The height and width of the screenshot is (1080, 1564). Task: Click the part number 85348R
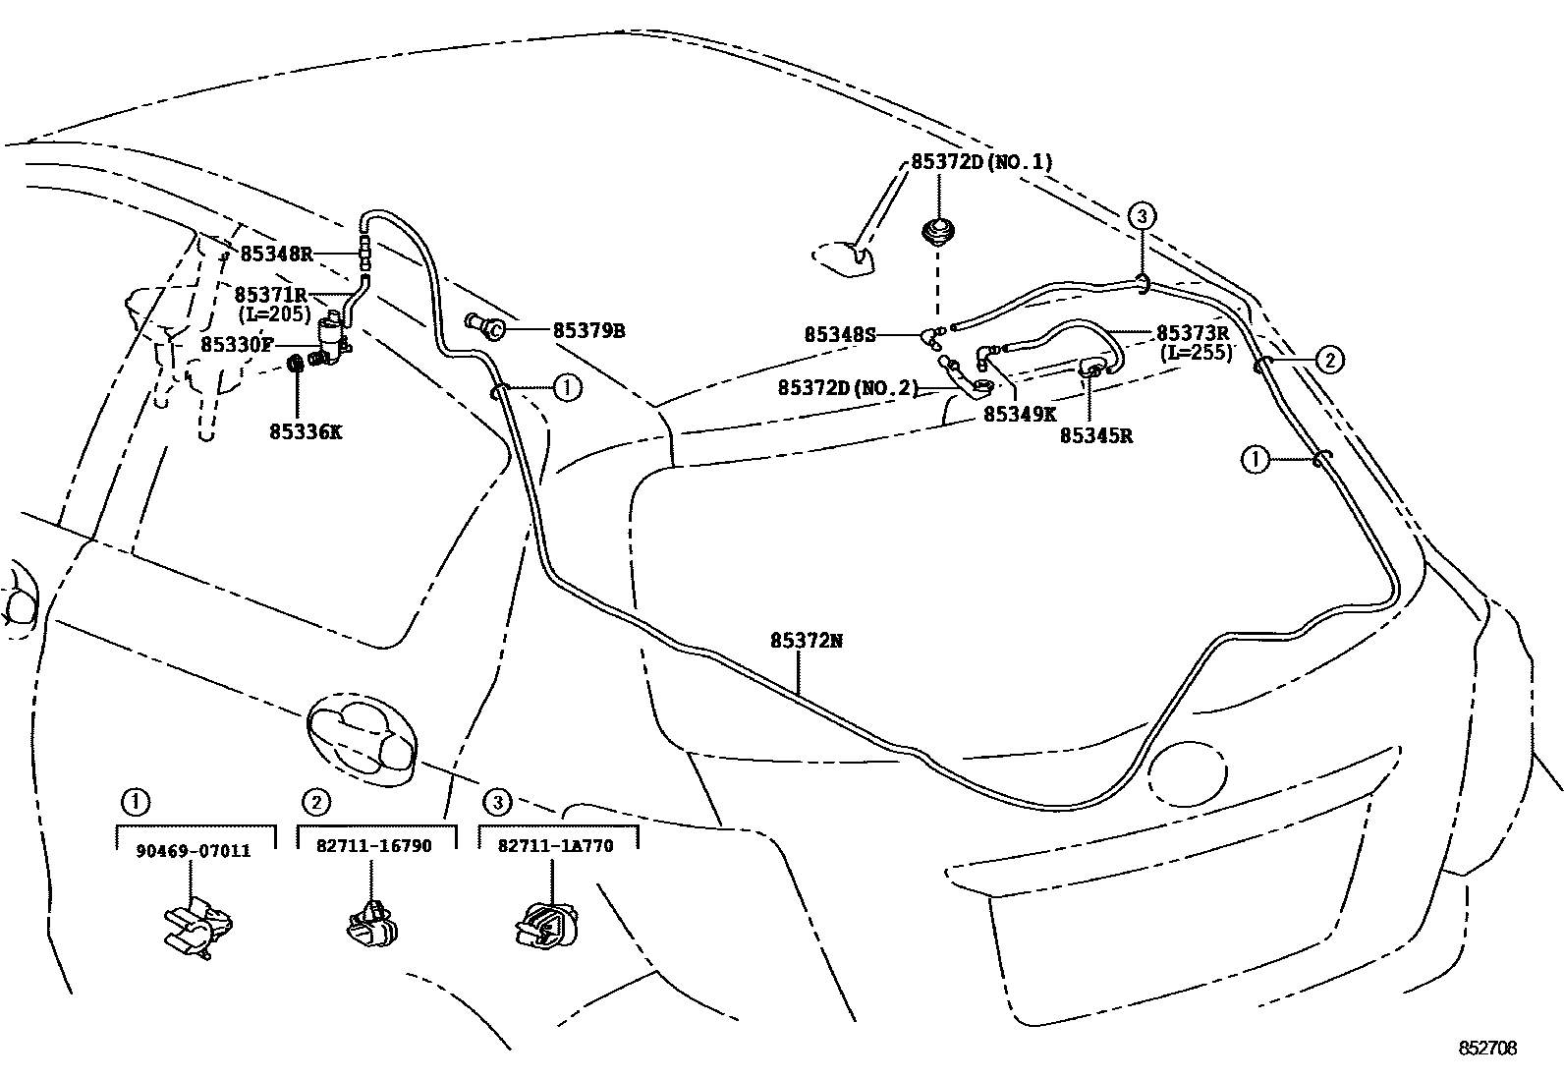(x=276, y=254)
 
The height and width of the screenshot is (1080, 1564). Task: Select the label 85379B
(x=588, y=330)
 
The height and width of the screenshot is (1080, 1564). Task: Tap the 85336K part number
(x=307, y=431)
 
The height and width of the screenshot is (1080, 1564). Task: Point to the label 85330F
(x=237, y=345)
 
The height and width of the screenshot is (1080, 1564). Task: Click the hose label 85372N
(x=806, y=641)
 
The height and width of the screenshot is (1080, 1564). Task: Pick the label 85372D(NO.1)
(x=980, y=162)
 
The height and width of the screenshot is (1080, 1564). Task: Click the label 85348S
(x=839, y=334)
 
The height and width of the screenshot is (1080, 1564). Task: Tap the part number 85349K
(x=1020, y=416)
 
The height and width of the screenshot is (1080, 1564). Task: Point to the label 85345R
(x=1095, y=435)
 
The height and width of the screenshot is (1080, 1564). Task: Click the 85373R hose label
(x=1193, y=333)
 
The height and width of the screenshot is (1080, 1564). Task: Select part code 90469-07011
(x=193, y=850)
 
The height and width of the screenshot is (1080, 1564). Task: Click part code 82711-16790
(x=374, y=846)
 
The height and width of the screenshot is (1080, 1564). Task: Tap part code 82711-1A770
(x=556, y=846)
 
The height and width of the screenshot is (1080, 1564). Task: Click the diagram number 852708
(x=1487, y=1049)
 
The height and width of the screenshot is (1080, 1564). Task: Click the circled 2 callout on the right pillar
(x=1328, y=361)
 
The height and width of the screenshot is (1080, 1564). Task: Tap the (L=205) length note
(x=275, y=314)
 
